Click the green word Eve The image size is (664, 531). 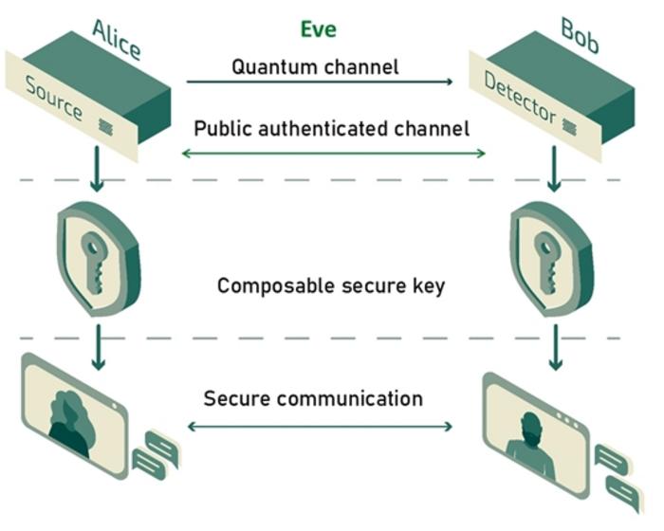pos(318,28)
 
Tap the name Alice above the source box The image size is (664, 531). pos(116,39)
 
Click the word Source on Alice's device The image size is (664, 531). pos(54,99)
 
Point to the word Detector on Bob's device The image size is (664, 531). pos(520,98)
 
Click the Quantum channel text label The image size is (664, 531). pos(315,67)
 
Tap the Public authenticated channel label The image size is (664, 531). pos(331,128)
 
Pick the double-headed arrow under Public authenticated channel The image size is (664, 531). pos(333,152)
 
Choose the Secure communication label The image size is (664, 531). pos(313,397)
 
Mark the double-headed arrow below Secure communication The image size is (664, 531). pos(320,427)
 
